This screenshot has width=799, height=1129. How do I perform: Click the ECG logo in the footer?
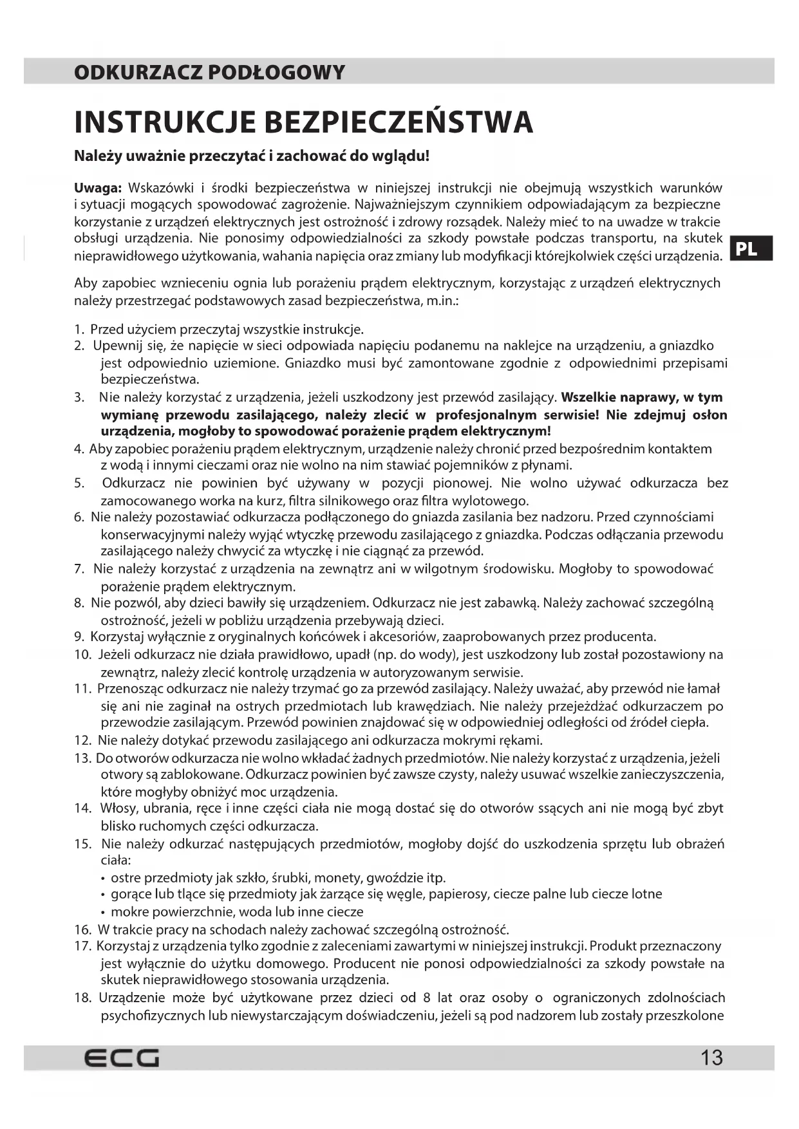pos(122,1058)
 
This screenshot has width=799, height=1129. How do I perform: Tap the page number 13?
pos(711,1058)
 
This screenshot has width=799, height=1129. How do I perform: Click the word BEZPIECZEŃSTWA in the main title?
pos(399,122)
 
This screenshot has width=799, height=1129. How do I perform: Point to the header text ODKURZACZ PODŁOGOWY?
pos(210,72)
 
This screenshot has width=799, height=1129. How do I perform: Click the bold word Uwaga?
pos(98,188)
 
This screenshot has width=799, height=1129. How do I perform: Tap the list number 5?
pos(79,483)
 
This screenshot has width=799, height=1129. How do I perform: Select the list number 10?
pos(83,655)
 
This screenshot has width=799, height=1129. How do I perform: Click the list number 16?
pos(83,929)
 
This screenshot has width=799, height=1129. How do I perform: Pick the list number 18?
pos(83,998)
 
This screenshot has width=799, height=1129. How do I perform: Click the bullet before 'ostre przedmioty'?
pos(104,878)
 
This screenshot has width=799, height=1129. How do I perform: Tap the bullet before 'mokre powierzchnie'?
pos(104,912)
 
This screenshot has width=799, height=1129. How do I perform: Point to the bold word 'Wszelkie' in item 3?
pos(588,397)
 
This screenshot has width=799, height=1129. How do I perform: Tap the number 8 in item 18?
pos(427,998)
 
